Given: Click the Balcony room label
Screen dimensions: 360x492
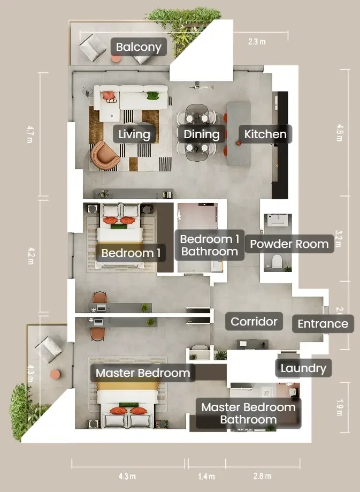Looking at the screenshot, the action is point(139,47).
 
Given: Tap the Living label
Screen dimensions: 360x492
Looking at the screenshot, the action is point(134,134).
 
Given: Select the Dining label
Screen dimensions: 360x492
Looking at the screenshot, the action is point(201,134).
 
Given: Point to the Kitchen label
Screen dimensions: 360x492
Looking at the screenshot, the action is point(265,134).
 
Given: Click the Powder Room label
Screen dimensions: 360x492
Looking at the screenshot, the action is point(289,244).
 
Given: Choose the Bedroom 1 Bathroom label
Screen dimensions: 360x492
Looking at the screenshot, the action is point(210,245).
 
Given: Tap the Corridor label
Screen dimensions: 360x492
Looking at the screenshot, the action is point(254,321).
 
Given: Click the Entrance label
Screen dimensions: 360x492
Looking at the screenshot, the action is point(323,323).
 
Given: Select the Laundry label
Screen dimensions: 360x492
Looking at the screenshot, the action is point(303,368).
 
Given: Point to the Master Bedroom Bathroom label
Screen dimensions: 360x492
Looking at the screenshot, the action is point(248,413).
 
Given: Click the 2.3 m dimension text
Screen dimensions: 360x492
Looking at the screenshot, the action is point(257,41).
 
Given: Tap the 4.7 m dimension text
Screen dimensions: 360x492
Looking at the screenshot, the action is point(30,134).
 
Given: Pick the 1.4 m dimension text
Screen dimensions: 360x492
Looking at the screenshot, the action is point(206,476).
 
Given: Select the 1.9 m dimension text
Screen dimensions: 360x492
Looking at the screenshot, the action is point(339,407).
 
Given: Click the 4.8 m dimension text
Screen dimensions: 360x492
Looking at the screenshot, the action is point(340,133).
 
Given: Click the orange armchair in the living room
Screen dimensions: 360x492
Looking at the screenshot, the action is point(105,155).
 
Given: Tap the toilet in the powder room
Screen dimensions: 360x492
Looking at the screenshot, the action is point(277,261).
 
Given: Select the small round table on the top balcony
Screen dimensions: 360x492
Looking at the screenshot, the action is point(116,59).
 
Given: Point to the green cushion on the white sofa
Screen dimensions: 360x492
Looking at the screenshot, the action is point(152,96).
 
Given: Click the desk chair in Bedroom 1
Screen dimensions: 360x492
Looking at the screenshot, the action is point(99,297).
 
